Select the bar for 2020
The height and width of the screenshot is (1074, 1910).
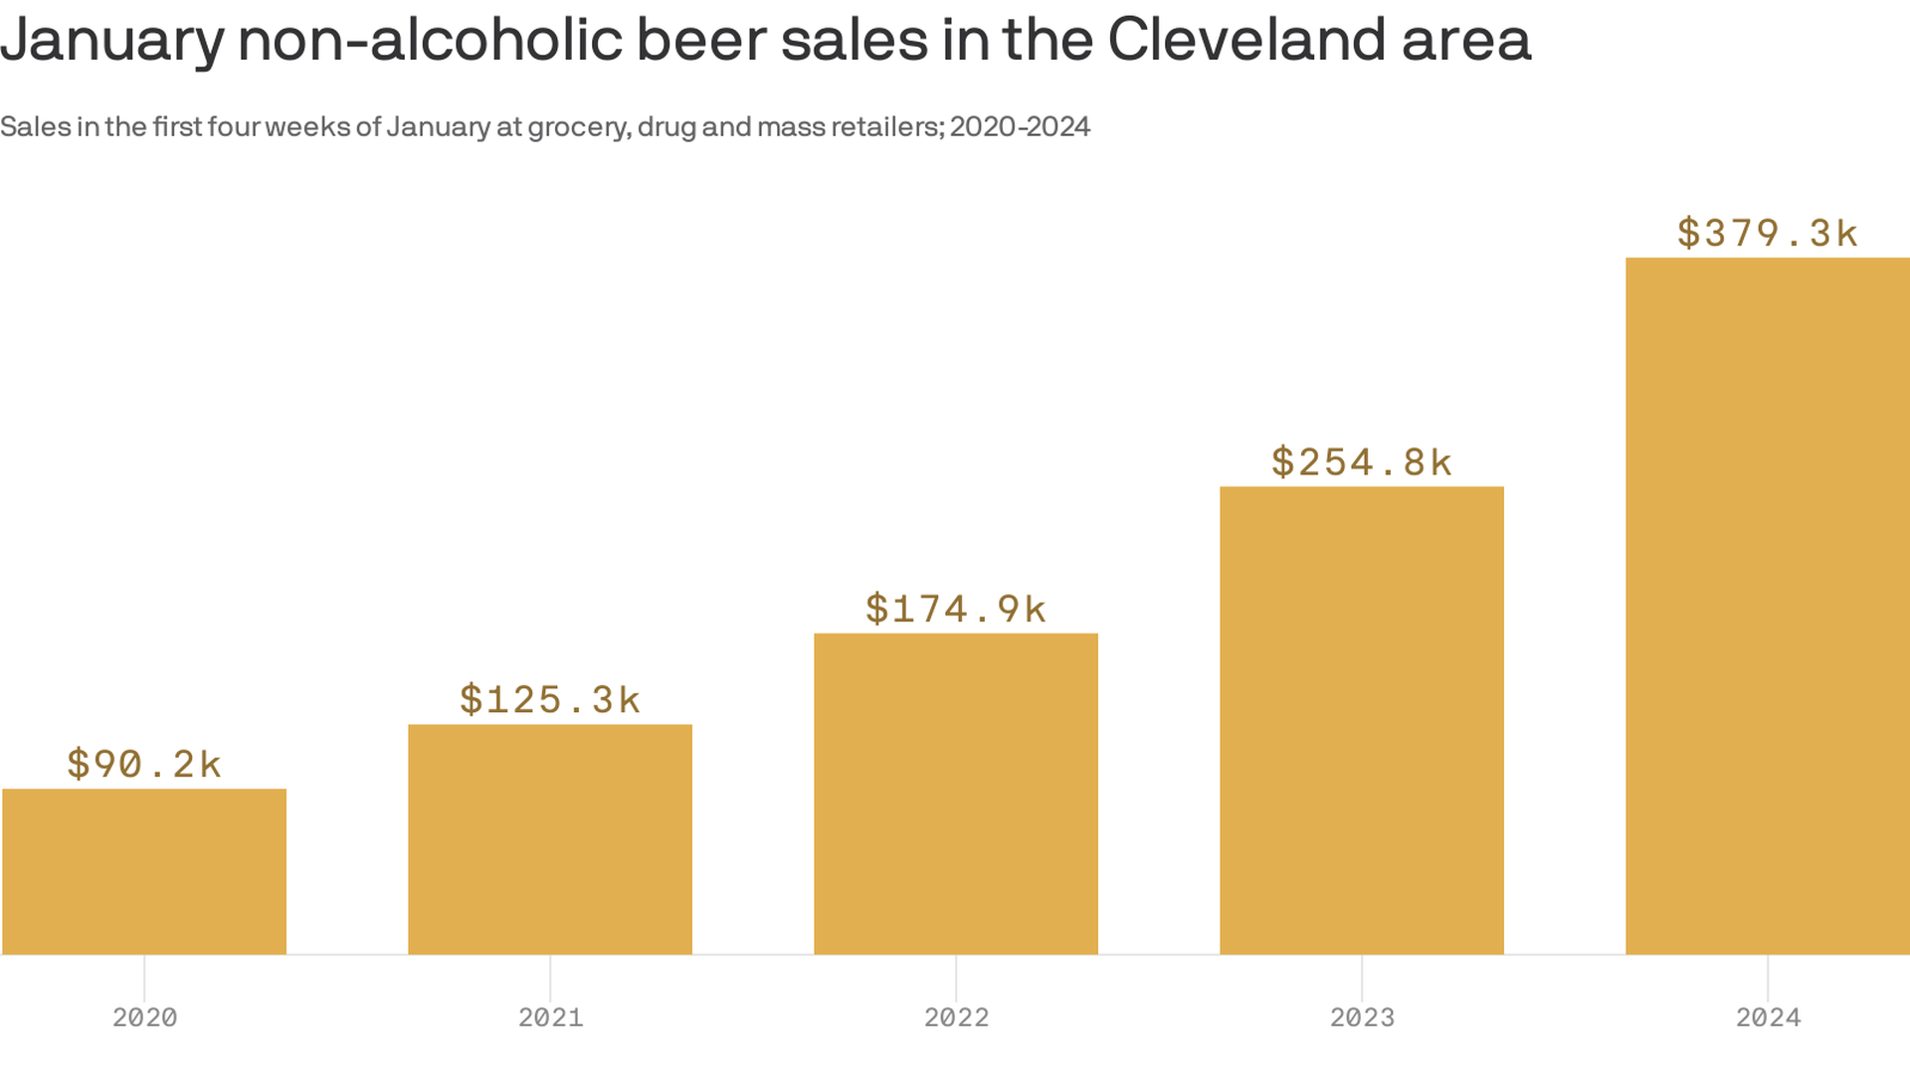(144, 871)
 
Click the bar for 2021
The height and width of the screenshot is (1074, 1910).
(550, 839)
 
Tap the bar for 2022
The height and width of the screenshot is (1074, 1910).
(956, 794)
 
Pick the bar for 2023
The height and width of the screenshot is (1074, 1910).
(1362, 720)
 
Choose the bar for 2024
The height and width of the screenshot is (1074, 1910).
(1768, 606)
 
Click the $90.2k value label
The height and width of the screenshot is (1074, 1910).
(144, 764)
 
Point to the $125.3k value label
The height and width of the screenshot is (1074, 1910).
(550, 699)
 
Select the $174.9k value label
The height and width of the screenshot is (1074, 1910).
(956, 609)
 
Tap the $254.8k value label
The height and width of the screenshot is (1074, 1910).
(1362, 461)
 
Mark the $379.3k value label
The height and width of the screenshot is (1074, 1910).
(1768, 233)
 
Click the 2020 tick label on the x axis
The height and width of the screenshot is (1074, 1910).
(144, 1017)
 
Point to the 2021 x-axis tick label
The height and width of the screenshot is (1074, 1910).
(550, 1017)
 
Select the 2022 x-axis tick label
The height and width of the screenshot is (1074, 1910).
(956, 1017)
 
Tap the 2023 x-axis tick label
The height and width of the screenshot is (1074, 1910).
(1362, 1017)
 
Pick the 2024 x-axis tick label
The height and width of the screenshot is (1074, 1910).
(1768, 1017)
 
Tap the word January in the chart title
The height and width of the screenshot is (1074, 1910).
(112, 42)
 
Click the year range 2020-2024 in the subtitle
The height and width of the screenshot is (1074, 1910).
(1020, 127)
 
